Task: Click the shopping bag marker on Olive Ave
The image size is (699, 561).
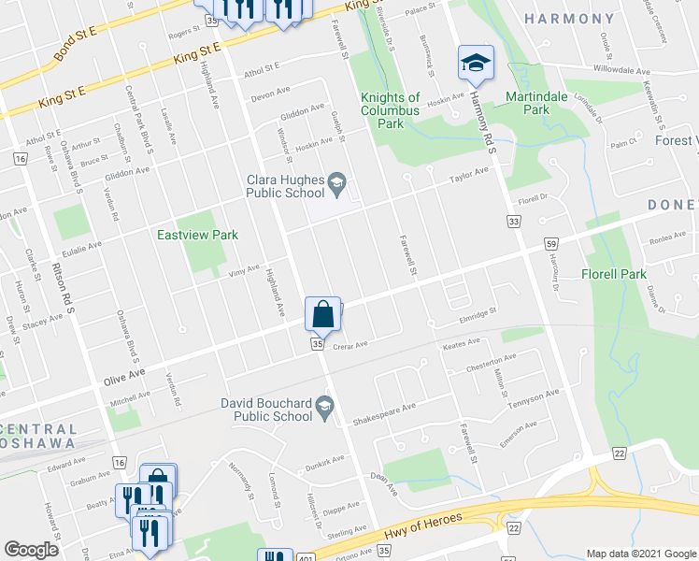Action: (x=322, y=314)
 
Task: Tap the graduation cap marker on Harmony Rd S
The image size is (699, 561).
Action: (x=476, y=64)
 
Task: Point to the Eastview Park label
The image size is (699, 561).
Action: (x=197, y=236)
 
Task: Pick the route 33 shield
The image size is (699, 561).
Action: (x=513, y=221)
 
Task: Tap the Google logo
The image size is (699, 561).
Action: (x=31, y=550)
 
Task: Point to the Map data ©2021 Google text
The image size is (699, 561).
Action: (x=641, y=554)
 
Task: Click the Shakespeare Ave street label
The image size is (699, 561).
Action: (x=382, y=414)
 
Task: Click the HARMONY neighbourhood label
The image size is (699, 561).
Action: (x=568, y=19)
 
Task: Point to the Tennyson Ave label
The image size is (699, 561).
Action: (x=534, y=398)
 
